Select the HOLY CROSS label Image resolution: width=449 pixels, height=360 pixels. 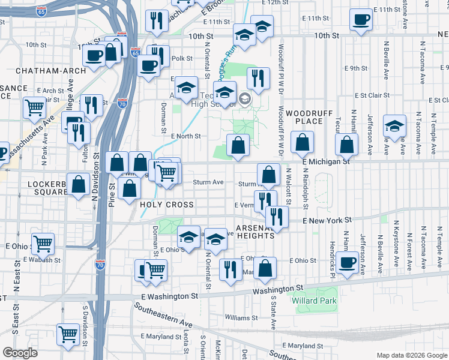[167, 205]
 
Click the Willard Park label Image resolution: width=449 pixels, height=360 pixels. [315, 300]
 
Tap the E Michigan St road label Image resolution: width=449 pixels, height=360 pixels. [326, 161]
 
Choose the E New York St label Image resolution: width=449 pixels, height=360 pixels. [327, 221]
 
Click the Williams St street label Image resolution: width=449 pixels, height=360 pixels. [241, 317]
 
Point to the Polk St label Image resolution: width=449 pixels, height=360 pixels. [182, 59]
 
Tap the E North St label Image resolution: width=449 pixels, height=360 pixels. [185, 136]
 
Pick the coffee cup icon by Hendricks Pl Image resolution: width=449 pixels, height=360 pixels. [346, 263]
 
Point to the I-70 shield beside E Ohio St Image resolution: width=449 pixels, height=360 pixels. [100, 263]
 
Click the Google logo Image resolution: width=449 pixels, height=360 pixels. [20, 353]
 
